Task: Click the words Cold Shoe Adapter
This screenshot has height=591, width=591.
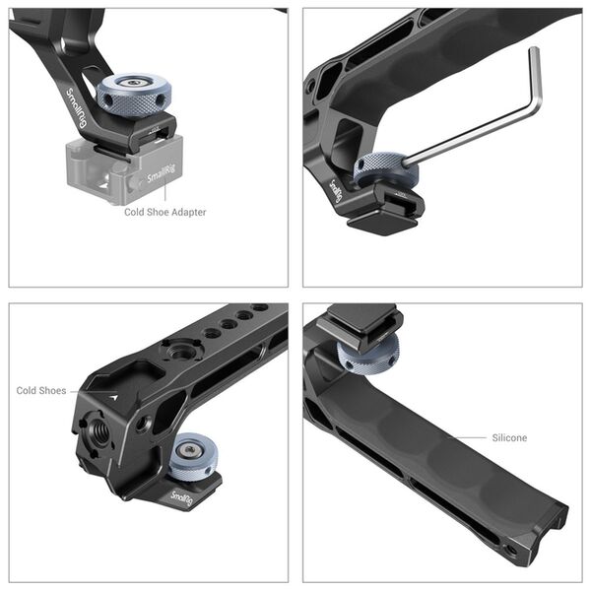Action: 165,212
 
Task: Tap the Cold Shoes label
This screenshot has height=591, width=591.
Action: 41,391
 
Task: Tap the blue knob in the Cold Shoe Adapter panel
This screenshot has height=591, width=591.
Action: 131,92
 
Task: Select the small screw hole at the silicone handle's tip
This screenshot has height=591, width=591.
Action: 509,548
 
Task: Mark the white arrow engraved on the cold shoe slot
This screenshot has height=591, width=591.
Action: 114,395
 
